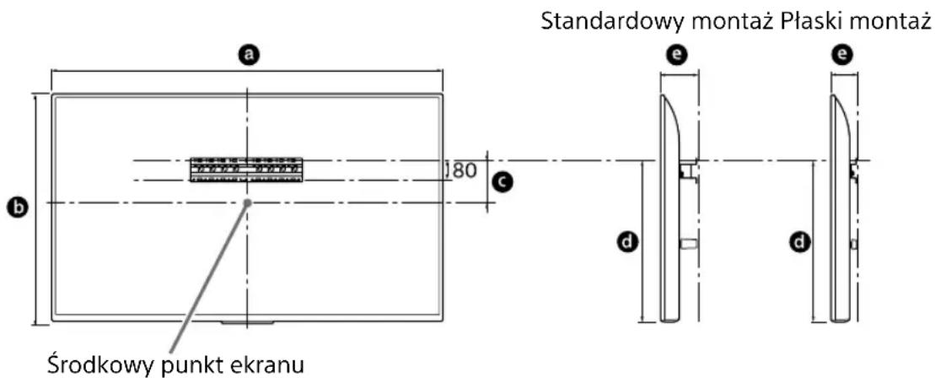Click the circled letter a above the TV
tap(247, 56)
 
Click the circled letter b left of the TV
tap(13, 206)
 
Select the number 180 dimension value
tap(460, 170)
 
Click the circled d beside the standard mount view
tap(626, 243)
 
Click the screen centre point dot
tap(247, 202)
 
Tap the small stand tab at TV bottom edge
tap(247, 321)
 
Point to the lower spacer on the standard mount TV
tap(686, 244)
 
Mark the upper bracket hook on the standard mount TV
tap(687, 170)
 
